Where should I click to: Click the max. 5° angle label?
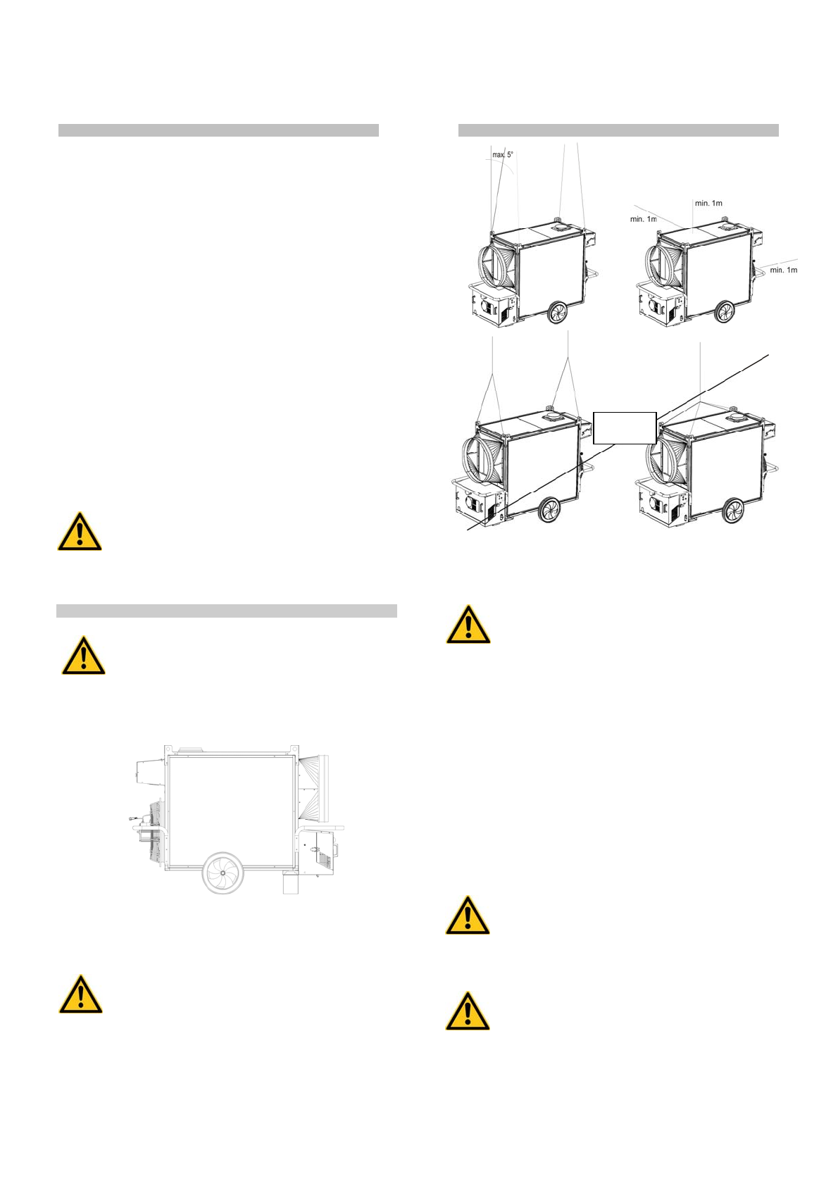click(x=503, y=154)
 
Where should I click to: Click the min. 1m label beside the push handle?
click(x=783, y=270)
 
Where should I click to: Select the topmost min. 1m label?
click(x=708, y=203)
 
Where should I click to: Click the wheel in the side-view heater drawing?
click(x=223, y=873)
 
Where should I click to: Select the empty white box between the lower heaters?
click(x=625, y=428)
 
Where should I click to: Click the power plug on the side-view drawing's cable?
click(x=134, y=818)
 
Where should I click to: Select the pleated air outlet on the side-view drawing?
click(x=320, y=788)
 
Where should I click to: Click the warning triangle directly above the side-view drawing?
click(x=83, y=656)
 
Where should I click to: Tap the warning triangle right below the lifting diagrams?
click(x=468, y=625)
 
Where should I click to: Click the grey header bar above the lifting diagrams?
click(x=618, y=130)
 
